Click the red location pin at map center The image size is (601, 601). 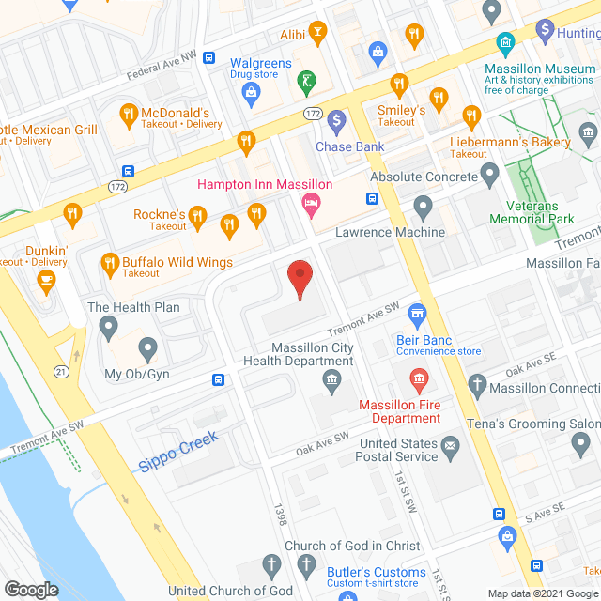pos(300,280)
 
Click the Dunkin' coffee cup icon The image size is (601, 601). pos(44,278)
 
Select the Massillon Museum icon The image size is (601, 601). pos(503,42)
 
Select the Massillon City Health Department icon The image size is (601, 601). pos(331,379)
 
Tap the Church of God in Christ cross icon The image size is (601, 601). pos(305,564)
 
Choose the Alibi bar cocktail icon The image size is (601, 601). pos(318,35)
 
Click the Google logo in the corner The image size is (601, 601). pos(32,589)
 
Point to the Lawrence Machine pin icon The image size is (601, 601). pos(423,205)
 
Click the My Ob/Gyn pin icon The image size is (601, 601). pos(147,349)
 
